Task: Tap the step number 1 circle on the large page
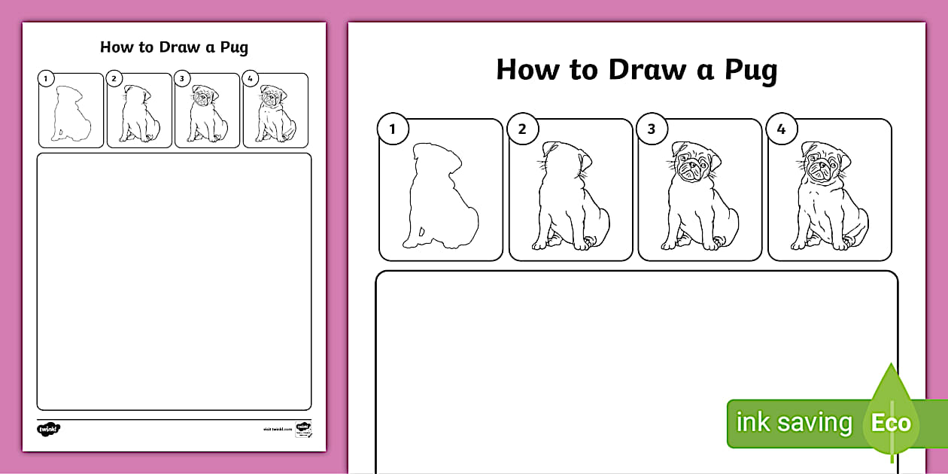tap(393, 129)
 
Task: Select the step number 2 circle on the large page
tap(522, 129)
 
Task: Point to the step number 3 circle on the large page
tap(652, 129)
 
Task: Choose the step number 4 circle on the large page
tap(781, 129)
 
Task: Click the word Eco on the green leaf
tap(891, 423)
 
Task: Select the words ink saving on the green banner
tap(793, 423)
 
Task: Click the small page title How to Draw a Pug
tap(174, 47)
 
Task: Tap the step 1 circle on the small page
tap(46, 78)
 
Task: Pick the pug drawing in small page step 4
tap(275, 114)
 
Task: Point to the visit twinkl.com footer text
tap(277, 429)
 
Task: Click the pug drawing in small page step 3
tap(207, 114)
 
